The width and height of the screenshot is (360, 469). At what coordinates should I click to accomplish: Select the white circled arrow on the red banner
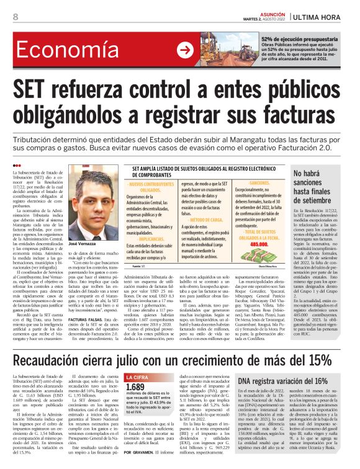184,50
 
